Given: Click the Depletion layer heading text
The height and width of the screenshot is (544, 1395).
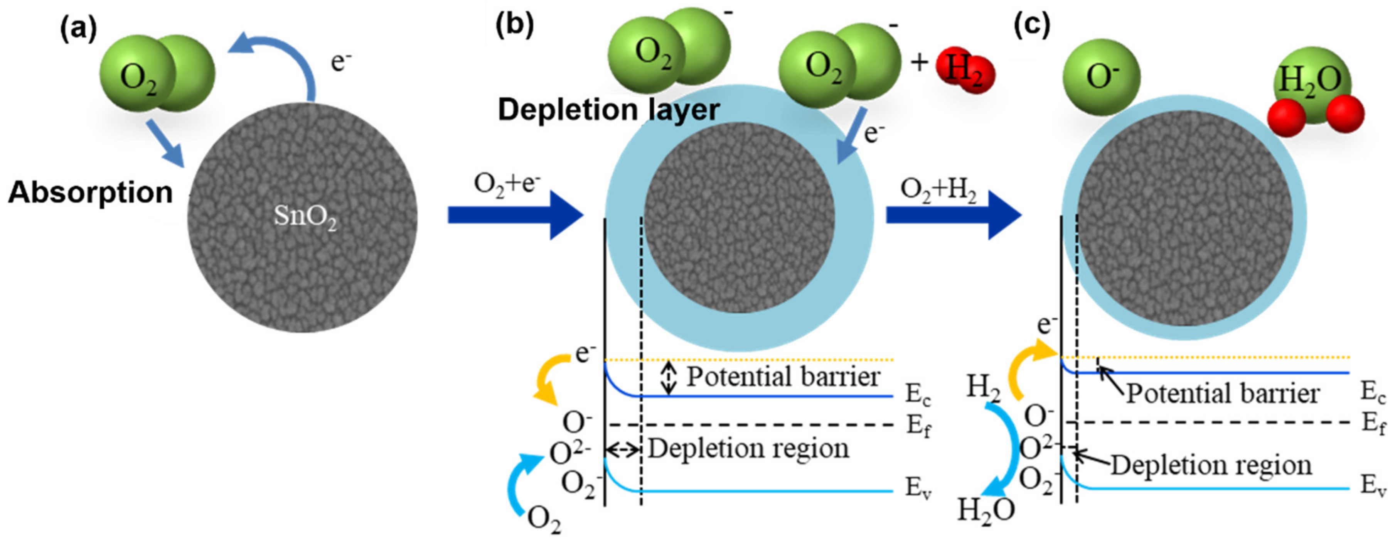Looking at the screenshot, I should [608, 110].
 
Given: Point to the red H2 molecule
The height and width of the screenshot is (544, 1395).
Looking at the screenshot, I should [965, 71].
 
